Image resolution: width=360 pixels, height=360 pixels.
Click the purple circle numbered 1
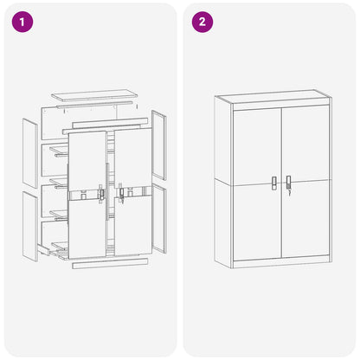click(22, 22)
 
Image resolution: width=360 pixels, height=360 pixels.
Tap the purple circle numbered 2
click(202, 22)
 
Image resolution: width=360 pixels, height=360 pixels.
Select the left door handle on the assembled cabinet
click(273, 183)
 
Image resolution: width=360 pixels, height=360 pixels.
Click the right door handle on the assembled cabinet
click(288, 182)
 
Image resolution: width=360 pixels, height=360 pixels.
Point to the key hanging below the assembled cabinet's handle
click(289, 192)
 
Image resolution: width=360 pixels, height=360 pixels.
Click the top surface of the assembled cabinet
click(273, 96)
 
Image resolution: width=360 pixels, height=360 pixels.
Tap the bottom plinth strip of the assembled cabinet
click(281, 264)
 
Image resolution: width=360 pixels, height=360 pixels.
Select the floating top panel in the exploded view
click(94, 95)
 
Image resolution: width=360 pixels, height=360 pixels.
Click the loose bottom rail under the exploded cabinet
click(110, 264)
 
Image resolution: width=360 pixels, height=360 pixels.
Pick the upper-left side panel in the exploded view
click(30, 153)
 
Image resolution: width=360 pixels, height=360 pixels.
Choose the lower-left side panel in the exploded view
click(30, 227)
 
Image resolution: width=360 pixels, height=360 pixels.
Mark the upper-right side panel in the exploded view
click(159, 145)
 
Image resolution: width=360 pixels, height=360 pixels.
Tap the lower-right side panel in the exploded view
click(159, 219)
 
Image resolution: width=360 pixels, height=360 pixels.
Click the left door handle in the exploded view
click(101, 194)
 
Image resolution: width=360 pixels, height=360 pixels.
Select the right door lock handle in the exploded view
click(121, 194)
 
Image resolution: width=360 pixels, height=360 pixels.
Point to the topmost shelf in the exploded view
click(59, 151)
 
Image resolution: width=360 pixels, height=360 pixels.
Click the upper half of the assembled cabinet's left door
click(257, 146)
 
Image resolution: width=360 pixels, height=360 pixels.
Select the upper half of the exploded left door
click(87, 161)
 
